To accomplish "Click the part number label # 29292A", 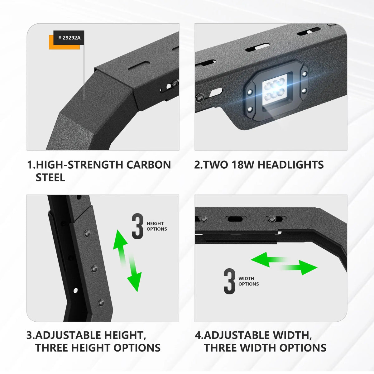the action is [69, 38].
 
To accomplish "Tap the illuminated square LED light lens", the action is [275, 91].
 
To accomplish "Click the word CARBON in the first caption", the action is [148, 165].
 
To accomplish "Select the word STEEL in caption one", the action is [50, 178].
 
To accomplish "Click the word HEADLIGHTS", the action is [290, 165].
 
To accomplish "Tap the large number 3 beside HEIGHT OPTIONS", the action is [137, 226].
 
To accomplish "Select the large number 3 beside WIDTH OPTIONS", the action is [229, 281].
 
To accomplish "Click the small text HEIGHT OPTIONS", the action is [157, 226].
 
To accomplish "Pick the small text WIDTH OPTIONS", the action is [248, 281].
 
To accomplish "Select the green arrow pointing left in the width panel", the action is [269, 260].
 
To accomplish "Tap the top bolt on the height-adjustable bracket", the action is [87, 233].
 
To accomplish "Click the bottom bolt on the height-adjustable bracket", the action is [101, 303].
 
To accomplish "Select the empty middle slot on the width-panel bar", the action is [235, 219].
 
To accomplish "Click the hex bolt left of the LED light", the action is [200, 97].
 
